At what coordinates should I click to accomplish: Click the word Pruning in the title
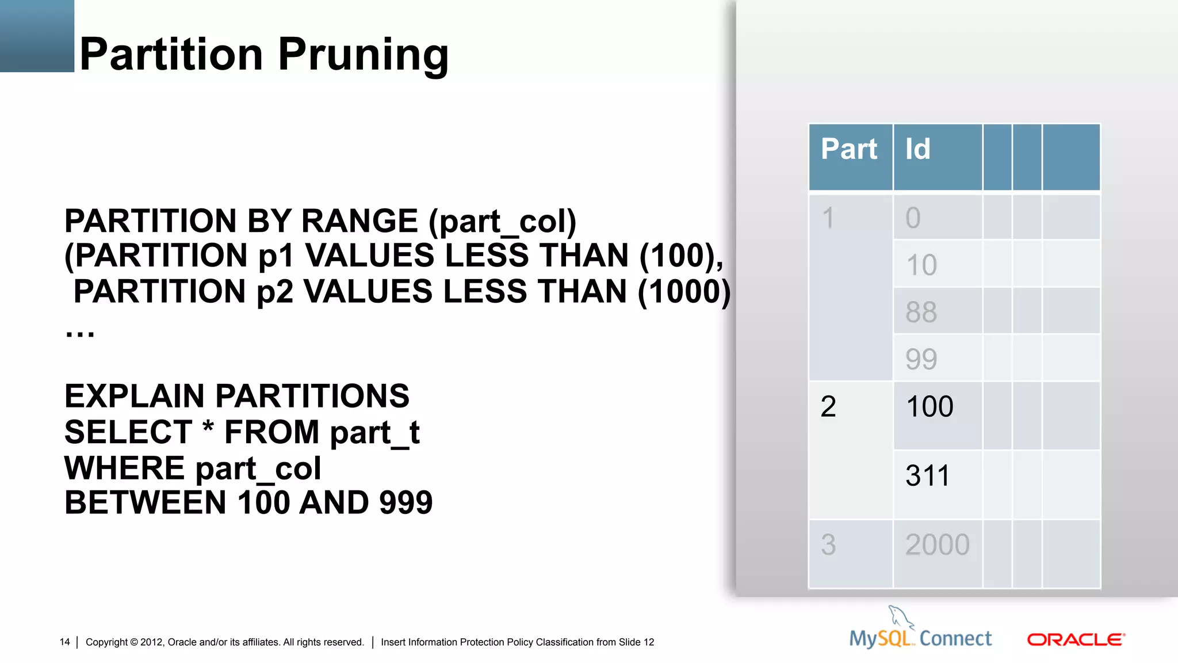click(363, 55)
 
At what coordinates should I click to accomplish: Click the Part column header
click(850, 150)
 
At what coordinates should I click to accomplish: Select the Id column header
click(918, 150)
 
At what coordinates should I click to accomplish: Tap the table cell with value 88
click(921, 312)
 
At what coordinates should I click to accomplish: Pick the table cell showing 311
click(927, 476)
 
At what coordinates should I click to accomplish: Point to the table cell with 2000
click(937, 545)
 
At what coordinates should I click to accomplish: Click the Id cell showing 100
click(930, 407)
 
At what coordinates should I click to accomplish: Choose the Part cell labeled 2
click(828, 407)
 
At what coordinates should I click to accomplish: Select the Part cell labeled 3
click(828, 545)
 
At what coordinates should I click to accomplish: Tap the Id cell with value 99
click(921, 359)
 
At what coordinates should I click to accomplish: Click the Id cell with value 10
click(921, 265)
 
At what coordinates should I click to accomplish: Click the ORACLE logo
click(1076, 640)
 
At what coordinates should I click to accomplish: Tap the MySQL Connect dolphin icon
click(901, 617)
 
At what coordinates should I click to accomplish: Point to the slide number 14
click(64, 642)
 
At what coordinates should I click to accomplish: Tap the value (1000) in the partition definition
click(684, 292)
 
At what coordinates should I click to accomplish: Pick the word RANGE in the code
click(359, 221)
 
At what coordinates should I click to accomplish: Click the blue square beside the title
click(37, 36)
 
